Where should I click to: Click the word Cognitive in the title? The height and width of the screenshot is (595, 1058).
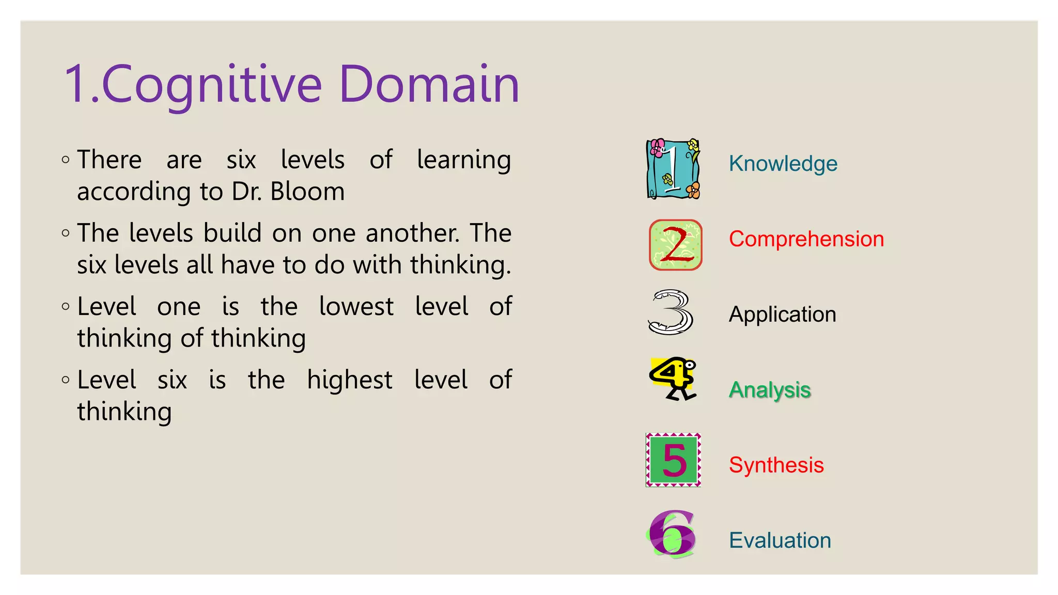pos(212,84)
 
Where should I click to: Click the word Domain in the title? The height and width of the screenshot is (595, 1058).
pos(429,84)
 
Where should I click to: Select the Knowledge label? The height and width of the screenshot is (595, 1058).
pos(783,164)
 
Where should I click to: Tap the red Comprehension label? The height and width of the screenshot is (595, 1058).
pos(806,239)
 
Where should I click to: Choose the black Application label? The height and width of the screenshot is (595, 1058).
pos(782,315)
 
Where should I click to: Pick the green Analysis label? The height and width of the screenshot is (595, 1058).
pos(770,390)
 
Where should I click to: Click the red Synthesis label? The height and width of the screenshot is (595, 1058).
pos(776,465)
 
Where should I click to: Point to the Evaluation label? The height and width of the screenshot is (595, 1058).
pos(780,541)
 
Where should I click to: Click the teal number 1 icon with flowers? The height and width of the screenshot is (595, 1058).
pos(673,169)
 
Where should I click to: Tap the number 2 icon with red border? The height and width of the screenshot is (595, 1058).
pos(675,245)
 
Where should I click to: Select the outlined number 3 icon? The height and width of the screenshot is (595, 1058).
pos(671,312)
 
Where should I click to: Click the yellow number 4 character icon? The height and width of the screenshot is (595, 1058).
pos(673,379)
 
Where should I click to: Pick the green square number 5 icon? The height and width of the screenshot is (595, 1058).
pos(673,460)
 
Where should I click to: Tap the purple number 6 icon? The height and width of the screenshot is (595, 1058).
pos(672,535)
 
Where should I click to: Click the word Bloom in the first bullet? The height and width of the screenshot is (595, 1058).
pos(307,192)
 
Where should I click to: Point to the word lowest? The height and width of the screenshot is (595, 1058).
pos(356,306)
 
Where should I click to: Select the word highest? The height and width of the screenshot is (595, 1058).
pos(349,381)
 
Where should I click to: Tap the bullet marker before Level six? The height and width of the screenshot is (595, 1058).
pos(66,380)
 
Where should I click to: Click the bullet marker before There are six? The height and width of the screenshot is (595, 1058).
pos(66,160)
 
